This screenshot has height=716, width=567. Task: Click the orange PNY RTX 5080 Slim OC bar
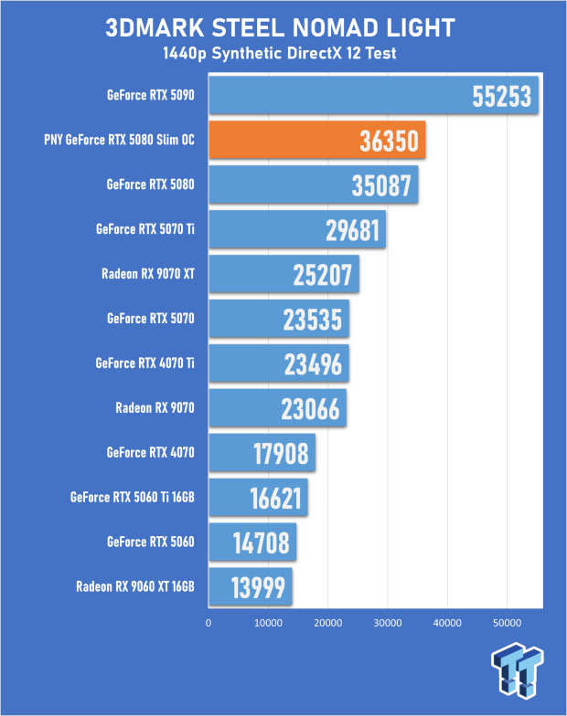[x=316, y=140]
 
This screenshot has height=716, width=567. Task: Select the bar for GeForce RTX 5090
[x=373, y=95]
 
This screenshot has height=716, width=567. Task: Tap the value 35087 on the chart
[x=381, y=184]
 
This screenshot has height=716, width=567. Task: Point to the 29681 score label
[x=353, y=230]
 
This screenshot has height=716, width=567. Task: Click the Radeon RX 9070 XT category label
[x=148, y=274]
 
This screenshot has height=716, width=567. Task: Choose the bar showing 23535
[x=279, y=319]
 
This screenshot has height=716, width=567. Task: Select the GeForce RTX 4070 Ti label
[x=144, y=363]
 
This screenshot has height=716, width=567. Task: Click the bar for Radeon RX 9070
[x=278, y=408]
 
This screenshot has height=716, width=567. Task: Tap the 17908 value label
[x=282, y=453]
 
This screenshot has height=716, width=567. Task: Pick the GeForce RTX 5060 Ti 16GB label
[x=132, y=497]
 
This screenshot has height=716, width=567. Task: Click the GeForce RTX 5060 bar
[x=252, y=542]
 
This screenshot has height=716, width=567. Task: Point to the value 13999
[x=258, y=587]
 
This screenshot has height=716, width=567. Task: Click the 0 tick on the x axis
[x=209, y=623]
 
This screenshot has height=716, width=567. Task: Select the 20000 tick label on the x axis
[x=327, y=623]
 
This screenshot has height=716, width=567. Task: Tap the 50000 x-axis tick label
[x=507, y=623]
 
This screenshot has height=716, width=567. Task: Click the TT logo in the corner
[x=518, y=670]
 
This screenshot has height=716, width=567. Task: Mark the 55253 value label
[x=501, y=96]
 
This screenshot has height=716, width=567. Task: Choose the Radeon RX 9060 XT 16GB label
[x=135, y=586]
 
